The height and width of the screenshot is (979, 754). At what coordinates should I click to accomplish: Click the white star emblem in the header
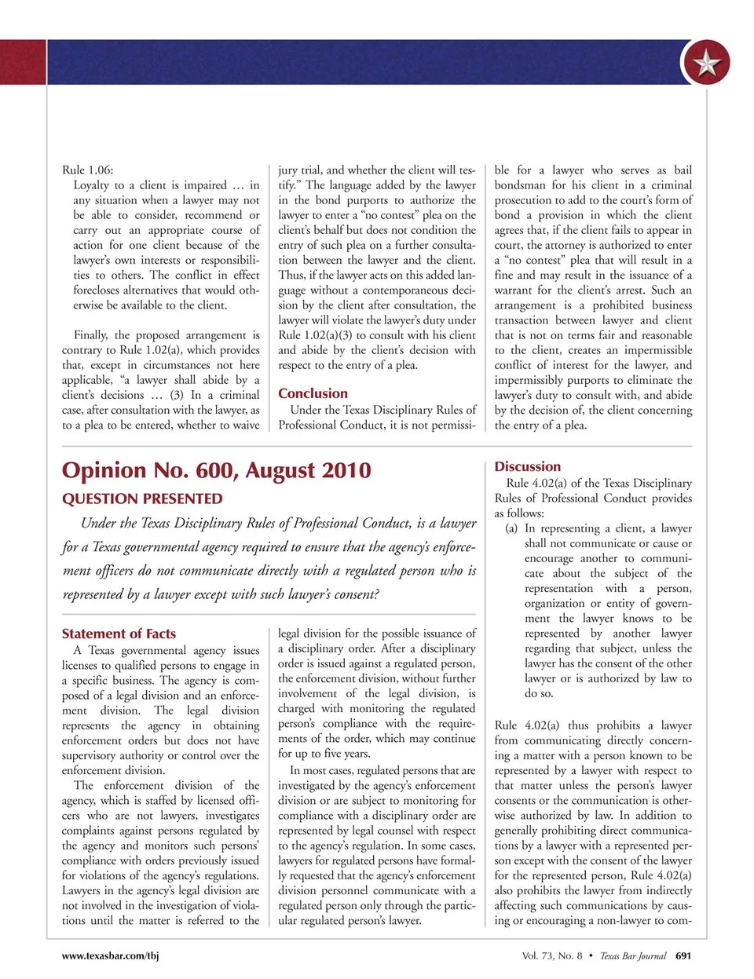coord(706,64)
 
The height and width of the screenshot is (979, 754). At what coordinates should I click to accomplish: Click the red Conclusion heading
coord(313,393)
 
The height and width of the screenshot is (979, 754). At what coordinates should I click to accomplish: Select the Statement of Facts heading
coord(119,634)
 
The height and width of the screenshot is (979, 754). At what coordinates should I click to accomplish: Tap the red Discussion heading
coord(527,466)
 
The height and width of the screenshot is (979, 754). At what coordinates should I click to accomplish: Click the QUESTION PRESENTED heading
coord(142,499)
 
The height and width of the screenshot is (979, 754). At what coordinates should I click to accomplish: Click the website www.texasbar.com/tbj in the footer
coord(110,955)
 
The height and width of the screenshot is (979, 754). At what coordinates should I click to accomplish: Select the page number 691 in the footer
coord(683,955)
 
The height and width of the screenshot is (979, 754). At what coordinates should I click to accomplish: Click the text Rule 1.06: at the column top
coord(87,170)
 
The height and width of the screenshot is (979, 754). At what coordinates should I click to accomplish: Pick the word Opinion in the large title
coord(104,470)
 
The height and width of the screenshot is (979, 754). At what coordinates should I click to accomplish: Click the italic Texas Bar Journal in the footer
coord(632,955)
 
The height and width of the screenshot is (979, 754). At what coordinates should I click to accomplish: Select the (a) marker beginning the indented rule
coord(511,528)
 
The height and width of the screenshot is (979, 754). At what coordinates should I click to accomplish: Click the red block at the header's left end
coord(23,62)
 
